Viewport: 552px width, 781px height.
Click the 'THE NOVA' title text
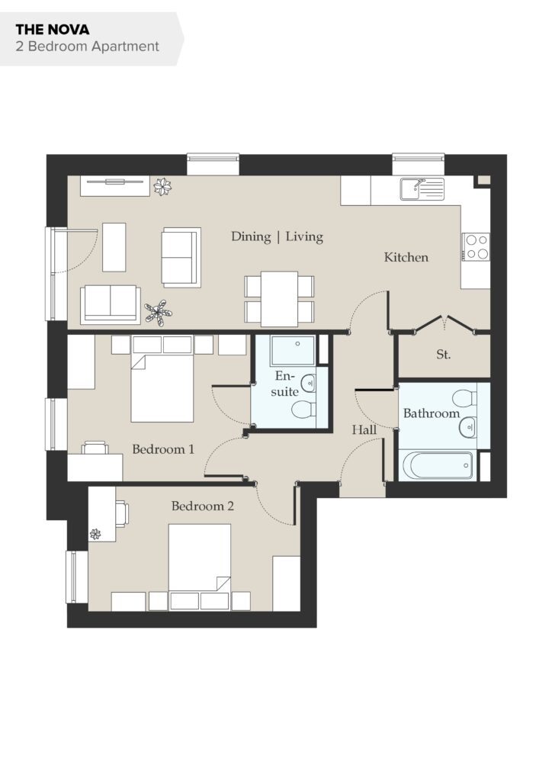(x=53, y=30)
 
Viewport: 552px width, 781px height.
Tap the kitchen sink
(x=422, y=189)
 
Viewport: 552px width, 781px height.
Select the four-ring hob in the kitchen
(x=476, y=247)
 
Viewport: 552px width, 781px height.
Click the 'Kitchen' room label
(x=406, y=257)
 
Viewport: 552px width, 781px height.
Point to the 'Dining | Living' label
(x=278, y=236)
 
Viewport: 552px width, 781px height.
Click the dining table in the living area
(x=279, y=299)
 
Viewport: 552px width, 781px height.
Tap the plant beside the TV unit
(x=162, y=187)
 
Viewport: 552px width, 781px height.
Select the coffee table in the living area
(x=114, y=247)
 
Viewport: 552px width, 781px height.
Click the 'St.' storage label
(x=443, y=355)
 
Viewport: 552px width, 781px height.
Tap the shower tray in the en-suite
(x=293, y=350)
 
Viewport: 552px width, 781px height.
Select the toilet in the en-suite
(x=303, y=410)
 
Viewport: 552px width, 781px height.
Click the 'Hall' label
(x=364, y=430)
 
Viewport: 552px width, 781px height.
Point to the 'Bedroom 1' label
(x=163, y=449)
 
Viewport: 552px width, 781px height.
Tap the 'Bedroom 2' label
(x=203, y=506)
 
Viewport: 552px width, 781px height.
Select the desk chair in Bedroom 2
(x=123, y=513)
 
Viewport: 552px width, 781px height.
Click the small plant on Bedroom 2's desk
(x=95, y=535)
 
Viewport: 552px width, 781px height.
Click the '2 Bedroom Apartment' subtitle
(x=87, y=47)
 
